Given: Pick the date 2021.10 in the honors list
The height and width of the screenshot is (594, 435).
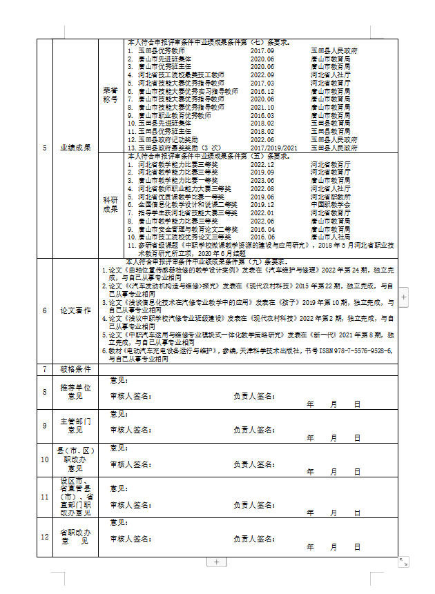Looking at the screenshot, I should click(x=262, y=108).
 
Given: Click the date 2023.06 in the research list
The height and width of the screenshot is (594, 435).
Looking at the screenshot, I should click(x=262, y=180).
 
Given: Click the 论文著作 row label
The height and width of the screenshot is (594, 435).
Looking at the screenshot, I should click(x=76, y=310).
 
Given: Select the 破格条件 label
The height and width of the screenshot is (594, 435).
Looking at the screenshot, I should click(x=76, y=369).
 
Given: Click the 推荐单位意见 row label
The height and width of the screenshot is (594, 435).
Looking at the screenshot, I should click(x=76, y=392).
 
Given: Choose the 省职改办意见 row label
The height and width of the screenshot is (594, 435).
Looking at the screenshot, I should click(x=76, y=536).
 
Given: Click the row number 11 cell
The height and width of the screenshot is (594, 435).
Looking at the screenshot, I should click(x=45, y=497).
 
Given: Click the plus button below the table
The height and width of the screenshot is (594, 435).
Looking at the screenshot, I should click(x=216, y=562).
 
